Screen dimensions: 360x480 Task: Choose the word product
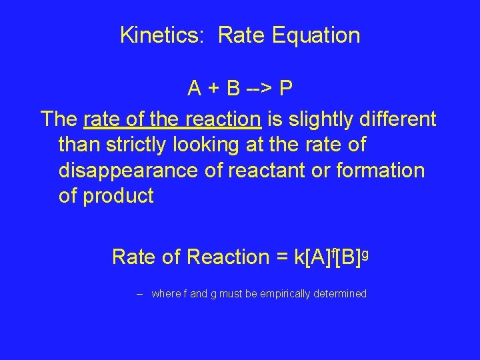tap(118, 197)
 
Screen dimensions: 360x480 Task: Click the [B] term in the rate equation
tap(349, 257)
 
